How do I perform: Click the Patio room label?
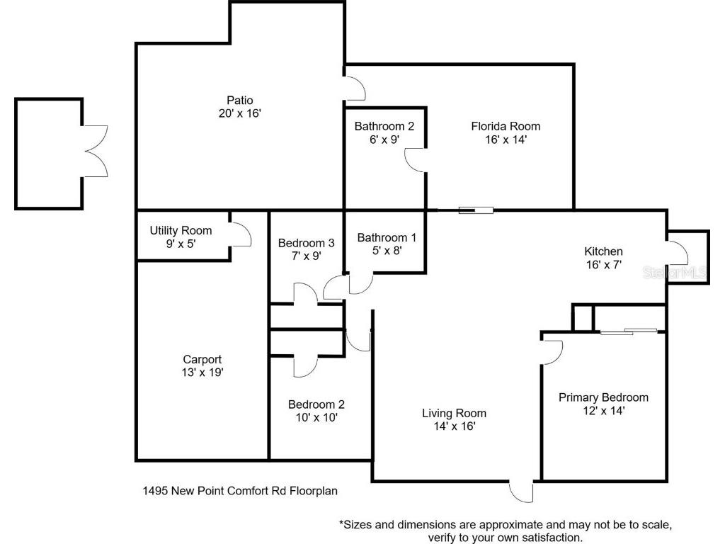click(240, 101)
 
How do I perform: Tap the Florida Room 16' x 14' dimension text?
click(506, 140)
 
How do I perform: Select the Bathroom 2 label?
click(384, 126)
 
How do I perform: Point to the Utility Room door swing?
click(241, 234)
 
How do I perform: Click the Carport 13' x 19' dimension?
click(202, 373)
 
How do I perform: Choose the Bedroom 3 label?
click(306, 243)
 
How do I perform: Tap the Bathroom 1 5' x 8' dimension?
click(387, 251)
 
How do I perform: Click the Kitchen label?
click(603, 251)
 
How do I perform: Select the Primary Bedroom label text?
click(603, 397)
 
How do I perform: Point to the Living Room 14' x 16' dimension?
click(455, 426)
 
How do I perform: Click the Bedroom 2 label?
click(316, 404)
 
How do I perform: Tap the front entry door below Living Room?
click(522, 492)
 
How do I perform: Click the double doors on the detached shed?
click(96, 152)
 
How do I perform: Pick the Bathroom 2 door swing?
click(415, 160)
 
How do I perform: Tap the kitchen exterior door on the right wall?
click(678, 253)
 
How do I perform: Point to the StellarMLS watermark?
click(674, 273)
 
